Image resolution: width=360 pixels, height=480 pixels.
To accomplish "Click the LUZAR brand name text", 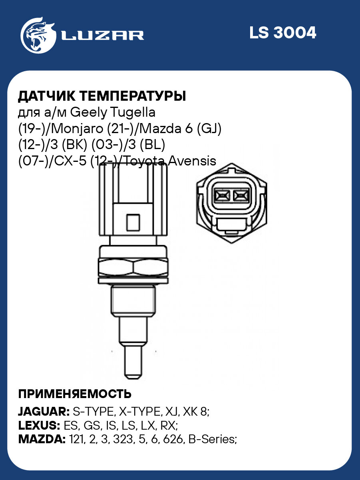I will [102, 35].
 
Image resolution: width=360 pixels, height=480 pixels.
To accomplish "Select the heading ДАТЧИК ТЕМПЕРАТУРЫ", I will [102, 96].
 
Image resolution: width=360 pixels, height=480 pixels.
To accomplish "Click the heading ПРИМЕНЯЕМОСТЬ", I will [75, 394].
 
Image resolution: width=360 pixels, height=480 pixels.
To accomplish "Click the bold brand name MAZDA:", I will [42, 440].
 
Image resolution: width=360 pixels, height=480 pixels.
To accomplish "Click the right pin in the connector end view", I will [240, 195].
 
